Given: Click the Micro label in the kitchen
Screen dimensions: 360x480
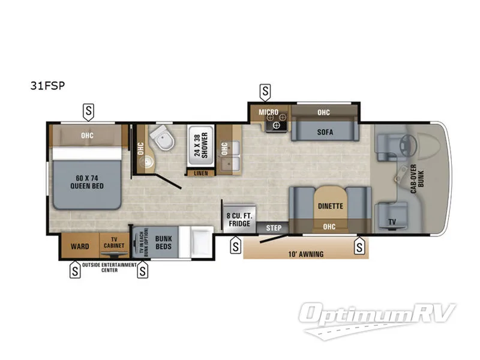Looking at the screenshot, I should click(268, 112).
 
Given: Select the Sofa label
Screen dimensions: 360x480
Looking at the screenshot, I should click(326, 131).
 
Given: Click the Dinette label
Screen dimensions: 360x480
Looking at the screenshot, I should click(330, 206).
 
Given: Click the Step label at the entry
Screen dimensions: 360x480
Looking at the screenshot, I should click(273, 228).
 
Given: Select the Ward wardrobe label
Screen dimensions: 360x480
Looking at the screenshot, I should click(80, 246).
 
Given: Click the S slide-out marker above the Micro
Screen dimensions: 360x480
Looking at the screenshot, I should click(265, 91).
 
